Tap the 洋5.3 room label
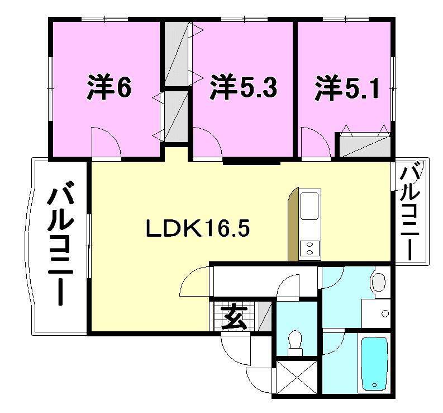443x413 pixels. tap(244, 88)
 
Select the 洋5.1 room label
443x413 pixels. tap(347, 88)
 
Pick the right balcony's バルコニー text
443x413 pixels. tap(411, 211)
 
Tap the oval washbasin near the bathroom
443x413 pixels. tap(379, 281)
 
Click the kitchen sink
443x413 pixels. tap(310, 205)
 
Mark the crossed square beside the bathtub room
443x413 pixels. tap(296, 377)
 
